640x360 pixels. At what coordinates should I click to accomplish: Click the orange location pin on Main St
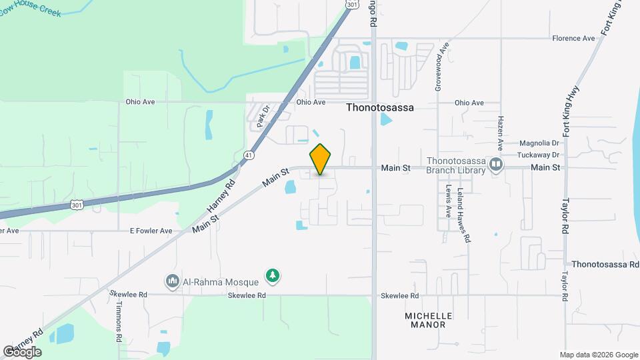point(321,159)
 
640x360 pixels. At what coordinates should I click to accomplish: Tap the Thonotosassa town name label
point(380,107)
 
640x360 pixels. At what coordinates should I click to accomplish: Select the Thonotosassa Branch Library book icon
point(496,164)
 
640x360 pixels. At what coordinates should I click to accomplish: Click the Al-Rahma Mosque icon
point(173,281)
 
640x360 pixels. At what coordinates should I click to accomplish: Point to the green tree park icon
point(272,275)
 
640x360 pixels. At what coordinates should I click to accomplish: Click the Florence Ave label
point(573,38)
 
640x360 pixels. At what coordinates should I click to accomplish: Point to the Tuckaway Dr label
point(539,155)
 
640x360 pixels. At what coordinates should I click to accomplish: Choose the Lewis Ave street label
point(449,201)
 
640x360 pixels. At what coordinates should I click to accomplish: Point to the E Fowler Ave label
point(151,231)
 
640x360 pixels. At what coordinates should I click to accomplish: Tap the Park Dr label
point(262,115)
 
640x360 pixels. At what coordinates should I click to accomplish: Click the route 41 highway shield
point(248,155)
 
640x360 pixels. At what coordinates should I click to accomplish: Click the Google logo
point(22,352)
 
